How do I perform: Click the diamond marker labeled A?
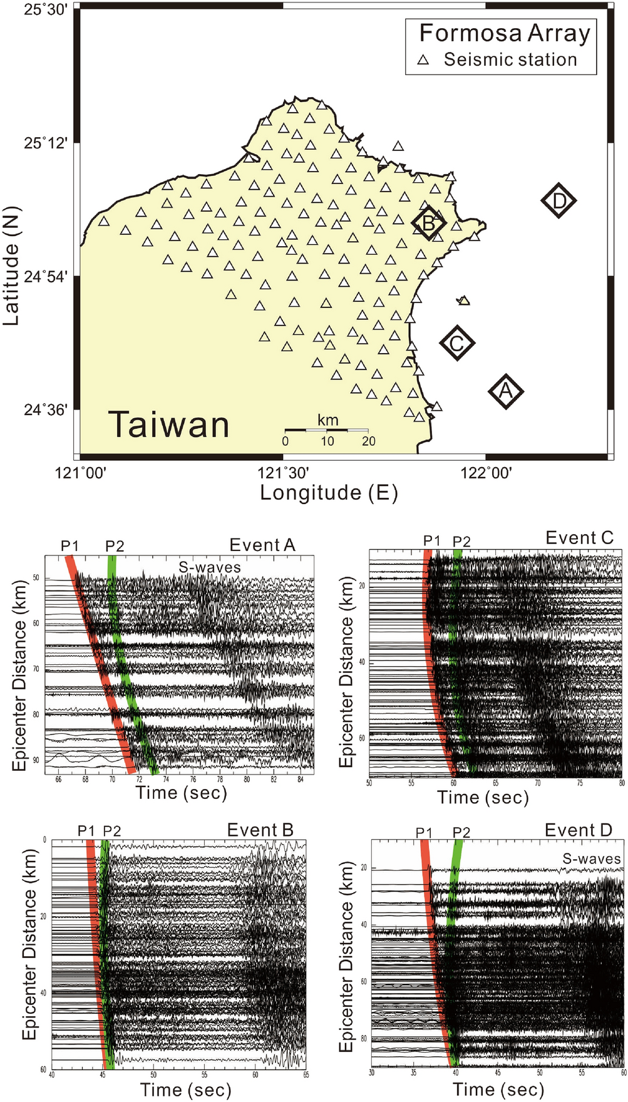pyautogui.click(x=505, y=391)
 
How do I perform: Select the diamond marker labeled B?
pyautogui.click(x=428, y=222)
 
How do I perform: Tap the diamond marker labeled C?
pyautogui.click(x=457, y=343)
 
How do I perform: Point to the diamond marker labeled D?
pyautogui.click(x=559, y=201)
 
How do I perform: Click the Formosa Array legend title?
pyautogui.click(x=504, y=33)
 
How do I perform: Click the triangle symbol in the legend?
pyautogui.click(x=424, y=60)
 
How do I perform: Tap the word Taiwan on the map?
pyautogui.click(x=169, y=425)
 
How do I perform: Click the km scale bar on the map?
pyautogui.click(x=326, y=431)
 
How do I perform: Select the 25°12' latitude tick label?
pyautogui.click(x=46, y=143)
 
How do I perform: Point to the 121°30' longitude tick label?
pyautogui.click(x=284, y=473)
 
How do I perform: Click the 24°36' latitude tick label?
pyautogui.click(x=46, y=409)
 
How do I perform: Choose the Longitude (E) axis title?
pyautogui.click(x=329, y=493)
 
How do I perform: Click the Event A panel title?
pyautogui.click(x=262, y=545)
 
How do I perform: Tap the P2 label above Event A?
pyautogui.click(x=115, y=547)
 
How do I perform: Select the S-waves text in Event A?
pyautogui.click(x=209, y=567)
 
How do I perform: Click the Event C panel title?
pyautogui.click(x=579, y=538)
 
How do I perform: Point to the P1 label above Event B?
pyautogui.click(x=86, y=831)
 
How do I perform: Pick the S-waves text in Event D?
pyautogui.click(x=591, y=859)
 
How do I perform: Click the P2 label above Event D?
pyautogui.click(x=461, y=832)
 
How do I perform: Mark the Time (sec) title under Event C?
pyautogui.click(x=483, y=798)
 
